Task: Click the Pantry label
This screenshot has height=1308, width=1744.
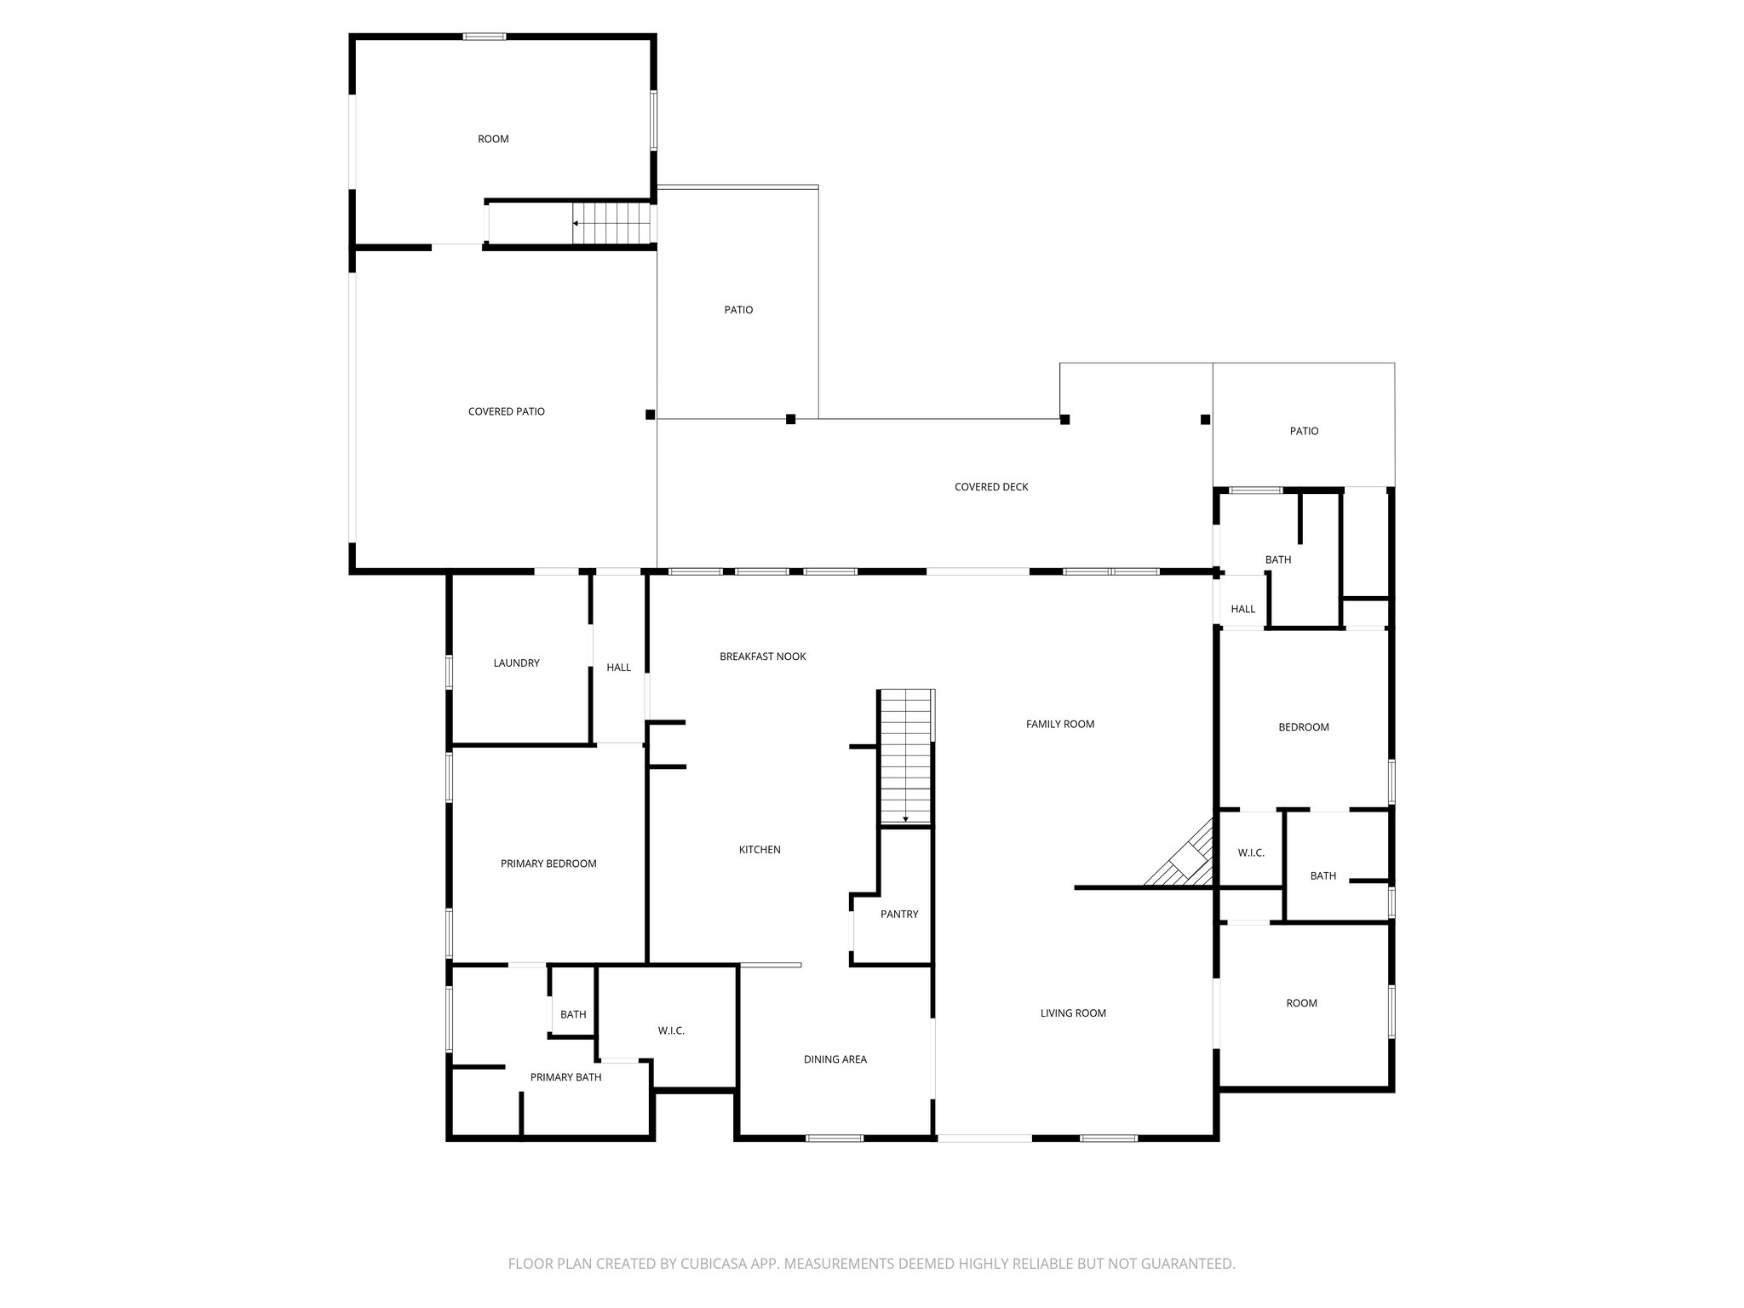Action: pos(899,914)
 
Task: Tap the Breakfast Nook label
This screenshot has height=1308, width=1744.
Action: pos(762,657)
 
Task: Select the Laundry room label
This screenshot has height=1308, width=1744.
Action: pos(516,663)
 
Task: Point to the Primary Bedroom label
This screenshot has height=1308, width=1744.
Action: pos(548,863)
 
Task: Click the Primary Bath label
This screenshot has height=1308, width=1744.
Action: pos(565,1077)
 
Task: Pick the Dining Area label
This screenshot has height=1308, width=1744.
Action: pos(835,1059)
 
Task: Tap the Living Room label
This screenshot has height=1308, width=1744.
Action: pos(1073,1013)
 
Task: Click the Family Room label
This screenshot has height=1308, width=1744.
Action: pos(1060,724)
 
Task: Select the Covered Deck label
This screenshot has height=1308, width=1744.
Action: pos(991,487)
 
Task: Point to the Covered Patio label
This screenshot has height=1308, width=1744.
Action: pos(506,411)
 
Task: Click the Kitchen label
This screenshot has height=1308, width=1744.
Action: pos(760,850)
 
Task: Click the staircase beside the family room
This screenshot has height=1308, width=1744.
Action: pos(906,756)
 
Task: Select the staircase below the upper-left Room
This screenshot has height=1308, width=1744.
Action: pos(611,223)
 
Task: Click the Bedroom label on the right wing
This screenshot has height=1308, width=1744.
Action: pos(1304,727)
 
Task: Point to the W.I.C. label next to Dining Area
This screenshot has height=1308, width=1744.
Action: pos(671,1030)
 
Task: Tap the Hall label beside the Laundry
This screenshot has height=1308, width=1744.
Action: pos(619,668)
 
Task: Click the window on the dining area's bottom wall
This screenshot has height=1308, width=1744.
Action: pos(835,1138)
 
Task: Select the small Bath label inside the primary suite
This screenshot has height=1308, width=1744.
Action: pos(573,1014)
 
